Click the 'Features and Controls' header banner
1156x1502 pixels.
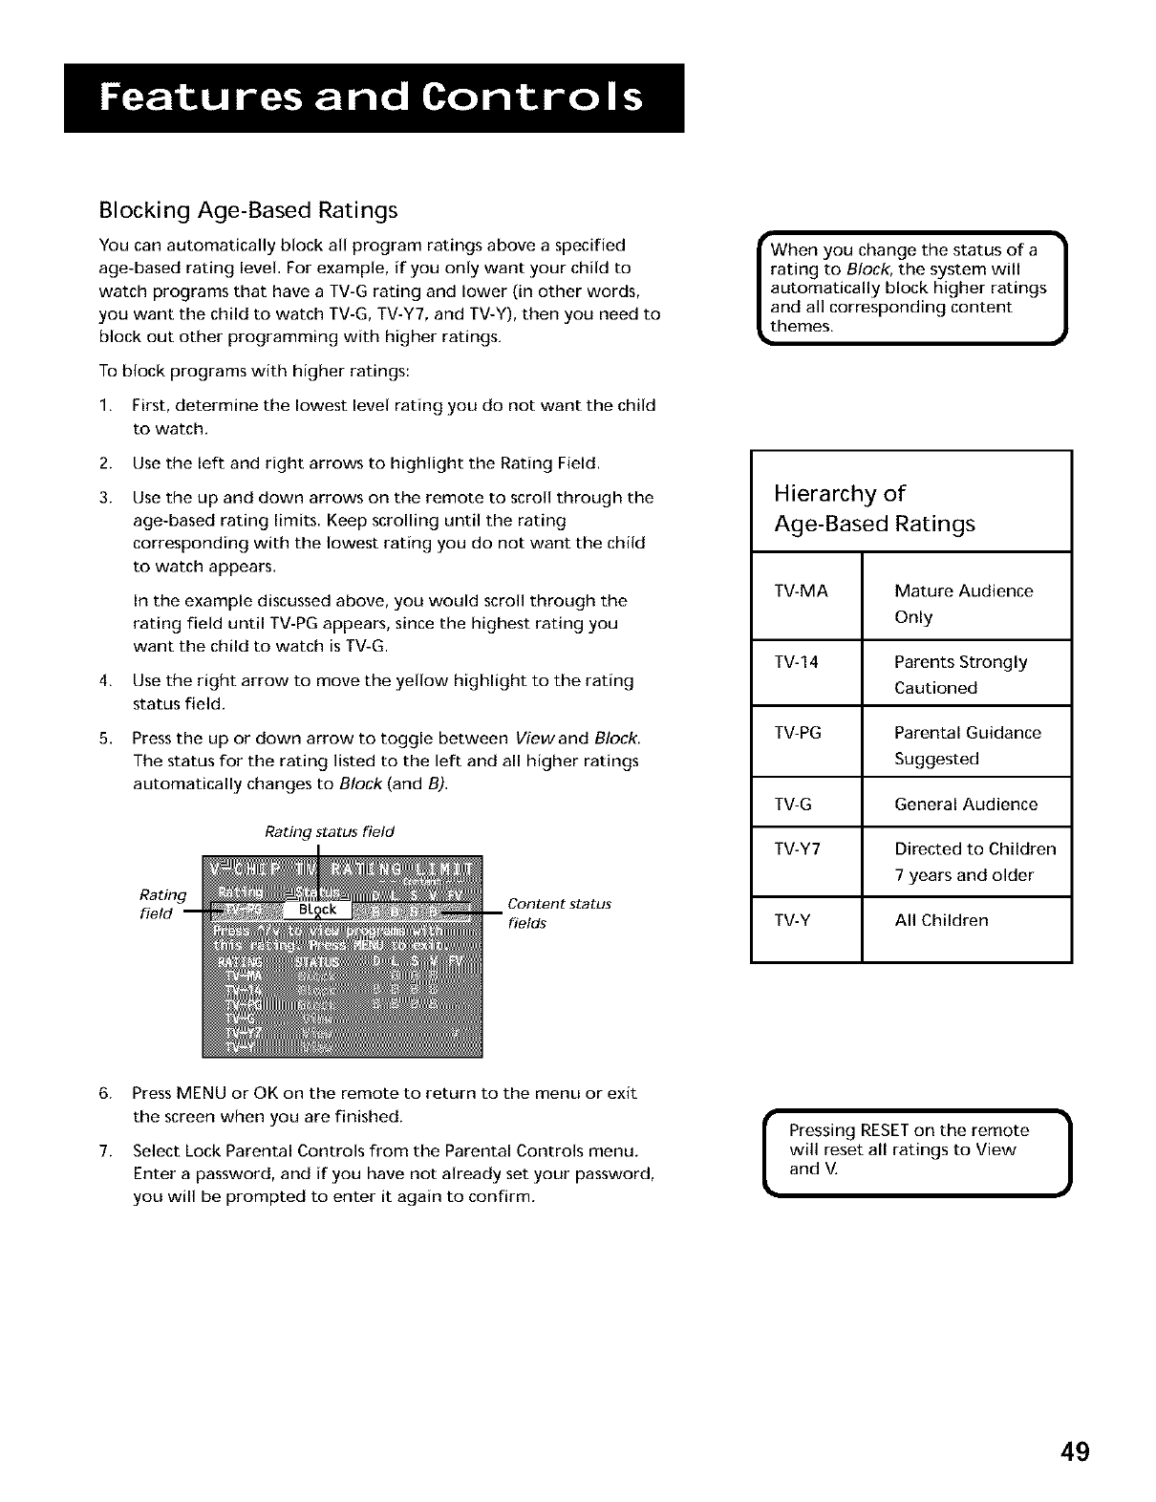click(374, 98)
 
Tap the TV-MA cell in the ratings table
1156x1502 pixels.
click(803, 591)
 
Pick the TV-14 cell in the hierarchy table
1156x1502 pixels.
click(797, 662)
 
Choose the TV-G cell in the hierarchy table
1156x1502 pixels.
click(794, 805)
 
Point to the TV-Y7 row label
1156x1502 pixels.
click(799, 849)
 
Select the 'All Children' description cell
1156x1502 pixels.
click(941, 921)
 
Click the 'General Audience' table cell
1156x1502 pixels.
click(965, 805)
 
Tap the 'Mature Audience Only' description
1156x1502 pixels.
click(963, 604)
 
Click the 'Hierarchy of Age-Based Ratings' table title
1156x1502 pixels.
click(874, 508)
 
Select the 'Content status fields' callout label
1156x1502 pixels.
click(559, 913)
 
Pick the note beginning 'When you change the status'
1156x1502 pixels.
click(910, 288)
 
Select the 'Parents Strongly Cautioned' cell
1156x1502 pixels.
click(960, 675)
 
